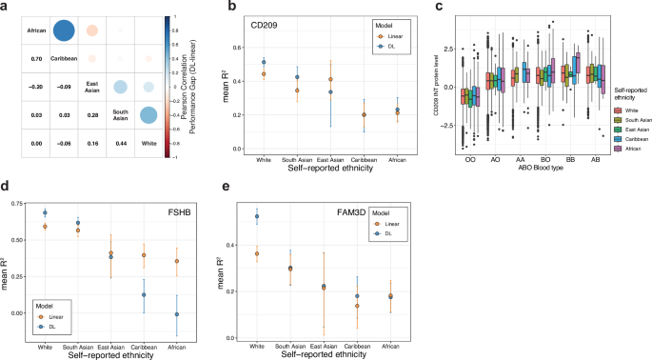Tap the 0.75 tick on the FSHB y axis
click(16, 203)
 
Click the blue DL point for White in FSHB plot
click(45, 212)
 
